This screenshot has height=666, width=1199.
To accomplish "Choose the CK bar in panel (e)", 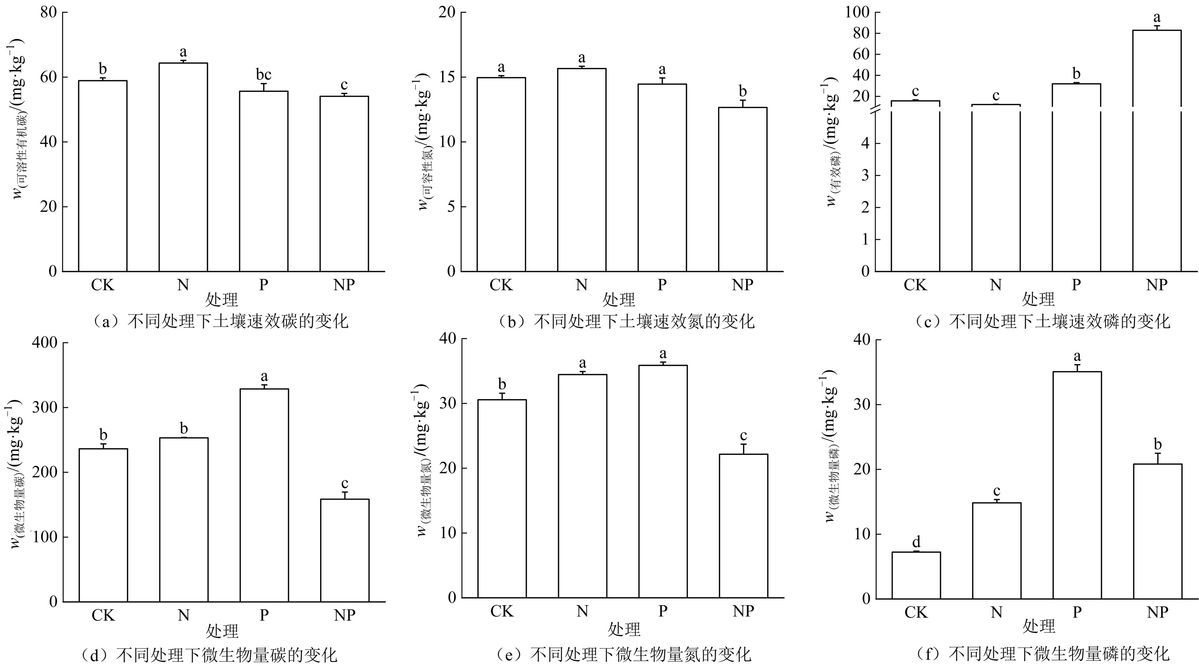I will point(502,498).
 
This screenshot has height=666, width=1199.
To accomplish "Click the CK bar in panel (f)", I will point(916,575).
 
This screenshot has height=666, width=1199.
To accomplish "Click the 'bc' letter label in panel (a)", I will point(263,75).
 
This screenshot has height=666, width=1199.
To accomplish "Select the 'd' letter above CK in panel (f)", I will point(916,542).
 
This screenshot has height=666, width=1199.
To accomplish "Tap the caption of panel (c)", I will point(1043,321).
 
